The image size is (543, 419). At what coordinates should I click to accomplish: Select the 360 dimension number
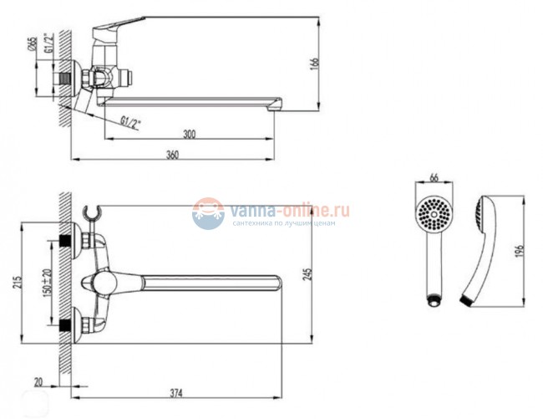coord(172,154)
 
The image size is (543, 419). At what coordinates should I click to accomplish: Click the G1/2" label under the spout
coord(131,121)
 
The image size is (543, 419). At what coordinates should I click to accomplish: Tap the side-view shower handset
coord(480,251)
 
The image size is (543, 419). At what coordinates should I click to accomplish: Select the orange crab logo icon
coord(209,216)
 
